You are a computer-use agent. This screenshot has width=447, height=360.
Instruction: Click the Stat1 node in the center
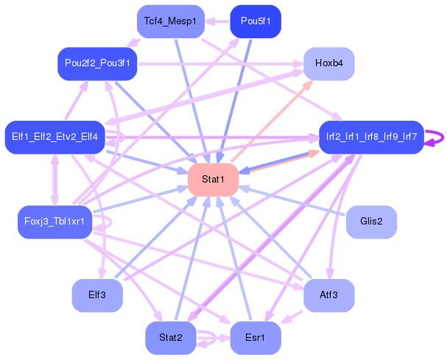(x=213, y=180)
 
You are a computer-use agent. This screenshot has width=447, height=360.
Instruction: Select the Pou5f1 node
(x=256, y=21)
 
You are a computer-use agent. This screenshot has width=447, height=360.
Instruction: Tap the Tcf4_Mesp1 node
(x=170, y=21)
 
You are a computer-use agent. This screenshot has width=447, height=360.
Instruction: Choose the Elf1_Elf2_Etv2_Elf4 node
(x=55, y=137)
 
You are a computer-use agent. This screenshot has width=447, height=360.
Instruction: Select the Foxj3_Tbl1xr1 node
(x=54, y=222)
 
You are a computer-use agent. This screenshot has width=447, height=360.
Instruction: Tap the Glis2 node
(x=371, y=222)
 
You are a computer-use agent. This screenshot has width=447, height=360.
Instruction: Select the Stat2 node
(x=170, y=339)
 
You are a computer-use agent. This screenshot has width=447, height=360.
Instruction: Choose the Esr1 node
(x=256, y=339)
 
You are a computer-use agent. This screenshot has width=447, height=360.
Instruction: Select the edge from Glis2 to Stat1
(x=295, y=201)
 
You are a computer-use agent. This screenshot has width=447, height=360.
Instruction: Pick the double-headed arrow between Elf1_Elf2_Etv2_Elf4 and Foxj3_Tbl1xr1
(x=54, y=180)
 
